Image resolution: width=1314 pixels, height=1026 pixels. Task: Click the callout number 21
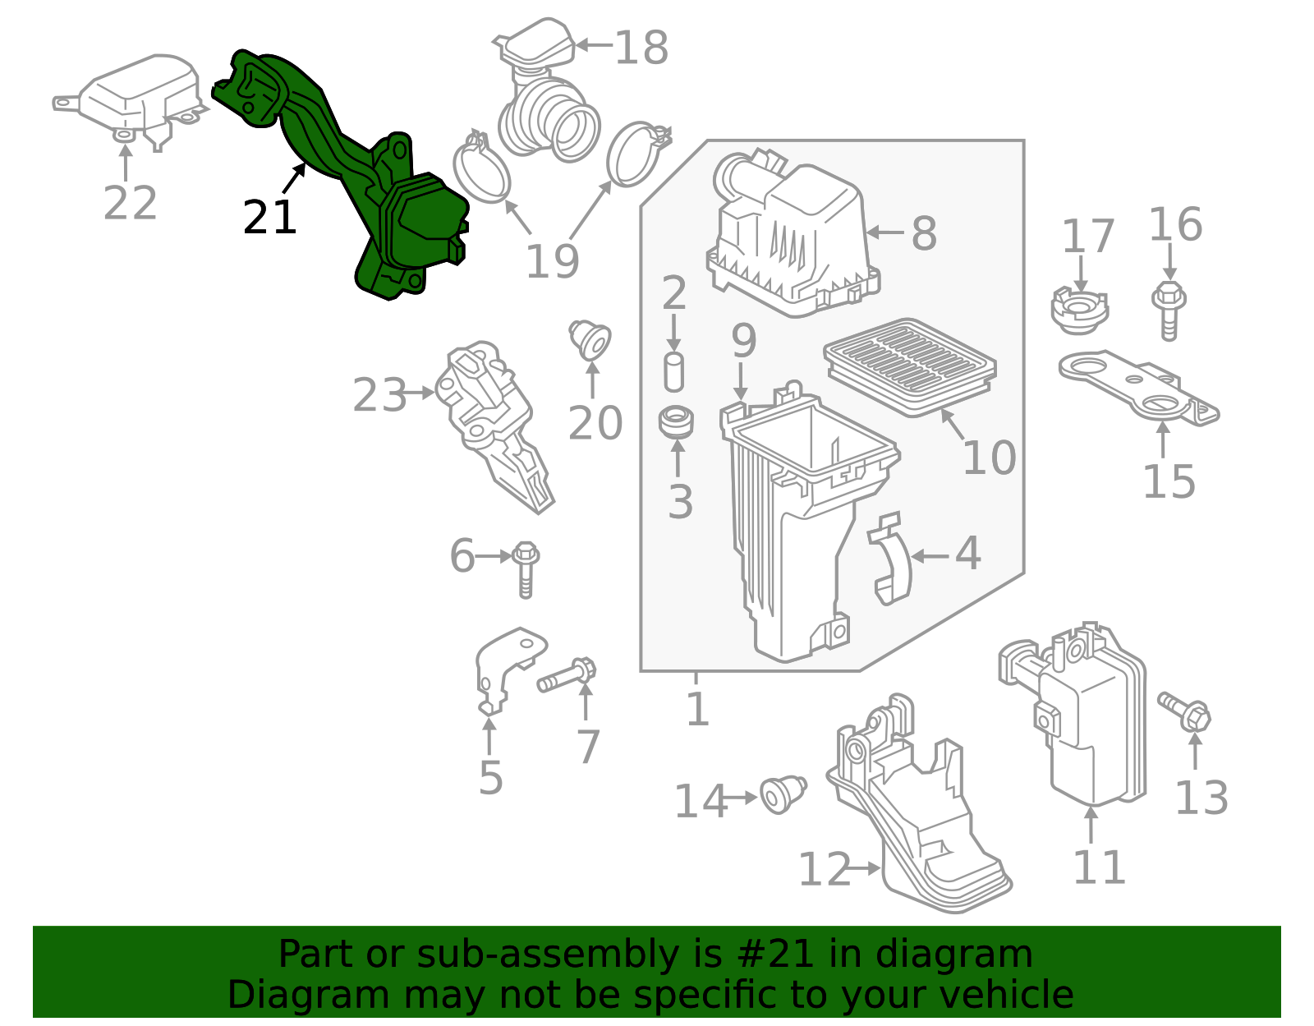point(269,218)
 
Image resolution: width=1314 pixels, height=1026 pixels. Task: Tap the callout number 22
point(130,203)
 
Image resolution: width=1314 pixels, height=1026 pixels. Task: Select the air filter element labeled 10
point(910,366)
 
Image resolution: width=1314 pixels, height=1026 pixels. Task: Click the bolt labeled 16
point(1169,311)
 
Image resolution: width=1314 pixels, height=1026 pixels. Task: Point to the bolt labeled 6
point(526,569)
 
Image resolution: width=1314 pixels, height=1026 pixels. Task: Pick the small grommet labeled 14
point(783,794)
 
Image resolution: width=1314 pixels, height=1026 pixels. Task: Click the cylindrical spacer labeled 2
point(673,372)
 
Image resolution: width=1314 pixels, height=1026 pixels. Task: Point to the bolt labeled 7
point(567,674)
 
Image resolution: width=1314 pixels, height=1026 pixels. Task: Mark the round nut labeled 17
point(1079,311)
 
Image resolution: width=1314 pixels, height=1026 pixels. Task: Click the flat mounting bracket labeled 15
point(1138,388)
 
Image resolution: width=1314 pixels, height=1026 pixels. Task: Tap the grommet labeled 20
point(590,338)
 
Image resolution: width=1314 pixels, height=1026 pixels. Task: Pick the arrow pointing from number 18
point(594,44)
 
